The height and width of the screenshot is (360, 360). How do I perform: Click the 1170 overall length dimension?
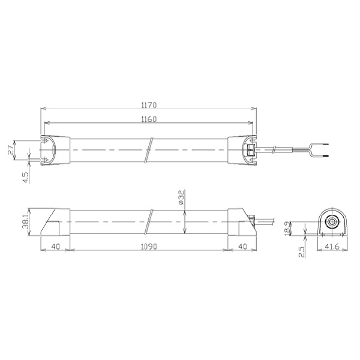coord(149,105)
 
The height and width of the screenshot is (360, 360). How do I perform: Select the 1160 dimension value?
coord(149,119)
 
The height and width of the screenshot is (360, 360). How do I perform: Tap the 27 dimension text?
coord(11,150)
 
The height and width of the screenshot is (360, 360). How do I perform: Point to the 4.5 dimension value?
coord(26,178)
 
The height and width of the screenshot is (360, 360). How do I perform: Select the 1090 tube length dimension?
coord(149,247)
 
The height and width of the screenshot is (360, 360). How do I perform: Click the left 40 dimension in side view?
coord(55,247)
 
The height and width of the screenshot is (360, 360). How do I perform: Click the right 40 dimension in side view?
coord(242,247)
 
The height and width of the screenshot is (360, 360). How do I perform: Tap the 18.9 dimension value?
coord(287,229)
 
